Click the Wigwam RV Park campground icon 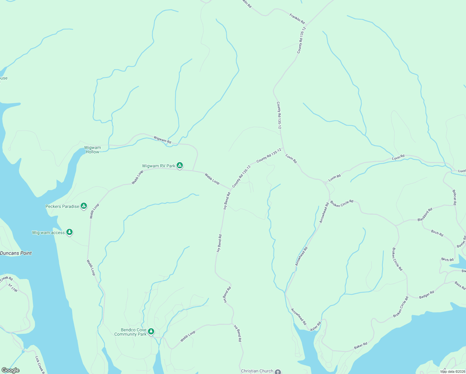click(x=180, y=165)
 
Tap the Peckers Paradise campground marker click(x=83, y=206)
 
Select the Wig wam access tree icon click(x=69, y=232)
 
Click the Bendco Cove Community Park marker click(x=151, y=331)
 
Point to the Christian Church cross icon click(x=278, y=372)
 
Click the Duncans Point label click(x=16, y=253)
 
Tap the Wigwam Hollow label click(x=93, y=150)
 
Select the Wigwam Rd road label click(x=162, y=140)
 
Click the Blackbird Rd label click(x=425, y=215)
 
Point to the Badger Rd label click(x=426, y=295)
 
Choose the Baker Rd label click(x=361, y=346)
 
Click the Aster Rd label click(x=315, y=326)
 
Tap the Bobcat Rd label click(x=454, y=197)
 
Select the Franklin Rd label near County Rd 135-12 click(x=297, y=18)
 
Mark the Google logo click(x=11, y=370)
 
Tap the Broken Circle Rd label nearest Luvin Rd click(x=342, y=203)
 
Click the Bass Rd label click(x=460, y=285)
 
